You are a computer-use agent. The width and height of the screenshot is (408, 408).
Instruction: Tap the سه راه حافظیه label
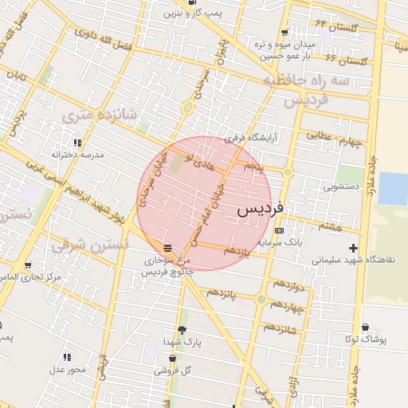pos(306,82)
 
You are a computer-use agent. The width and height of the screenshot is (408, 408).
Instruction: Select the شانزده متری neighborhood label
pos(100,116)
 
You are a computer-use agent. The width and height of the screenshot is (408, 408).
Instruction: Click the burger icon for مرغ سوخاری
pos(166,247)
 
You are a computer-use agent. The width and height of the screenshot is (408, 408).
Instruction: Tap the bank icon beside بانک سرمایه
pos(278,230)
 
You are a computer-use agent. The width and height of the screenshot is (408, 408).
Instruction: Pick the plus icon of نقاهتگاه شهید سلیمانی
pos(353,249)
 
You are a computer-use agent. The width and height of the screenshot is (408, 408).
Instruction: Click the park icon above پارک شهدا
pos(182,330)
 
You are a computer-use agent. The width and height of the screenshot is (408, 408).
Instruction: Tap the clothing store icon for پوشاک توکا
pos(366,328)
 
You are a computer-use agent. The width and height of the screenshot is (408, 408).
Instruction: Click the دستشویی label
pos(342,186)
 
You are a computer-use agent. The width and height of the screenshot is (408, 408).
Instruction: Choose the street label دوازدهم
pos(286,284)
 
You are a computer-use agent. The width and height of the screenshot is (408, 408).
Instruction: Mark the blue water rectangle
pos(392,189)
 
